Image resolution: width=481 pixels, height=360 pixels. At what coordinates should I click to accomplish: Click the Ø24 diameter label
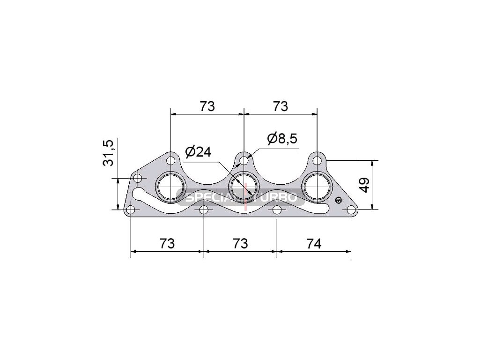(198, 151)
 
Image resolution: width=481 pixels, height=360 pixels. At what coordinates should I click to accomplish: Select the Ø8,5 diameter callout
(282, 138)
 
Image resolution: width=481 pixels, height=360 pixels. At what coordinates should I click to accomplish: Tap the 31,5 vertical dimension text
(108, 153)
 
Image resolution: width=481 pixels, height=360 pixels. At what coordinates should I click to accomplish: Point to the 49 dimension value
(365, 185)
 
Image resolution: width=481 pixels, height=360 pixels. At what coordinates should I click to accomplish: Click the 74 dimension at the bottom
(314, 244)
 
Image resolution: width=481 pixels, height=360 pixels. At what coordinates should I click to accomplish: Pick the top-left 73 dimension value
(207, 106)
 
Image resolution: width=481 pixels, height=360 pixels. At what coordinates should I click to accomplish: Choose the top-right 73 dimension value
(281, 106)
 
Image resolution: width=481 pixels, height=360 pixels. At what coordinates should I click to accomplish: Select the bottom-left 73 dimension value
(167, 244)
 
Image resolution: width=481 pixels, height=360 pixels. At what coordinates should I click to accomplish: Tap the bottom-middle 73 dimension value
(240, 244)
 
